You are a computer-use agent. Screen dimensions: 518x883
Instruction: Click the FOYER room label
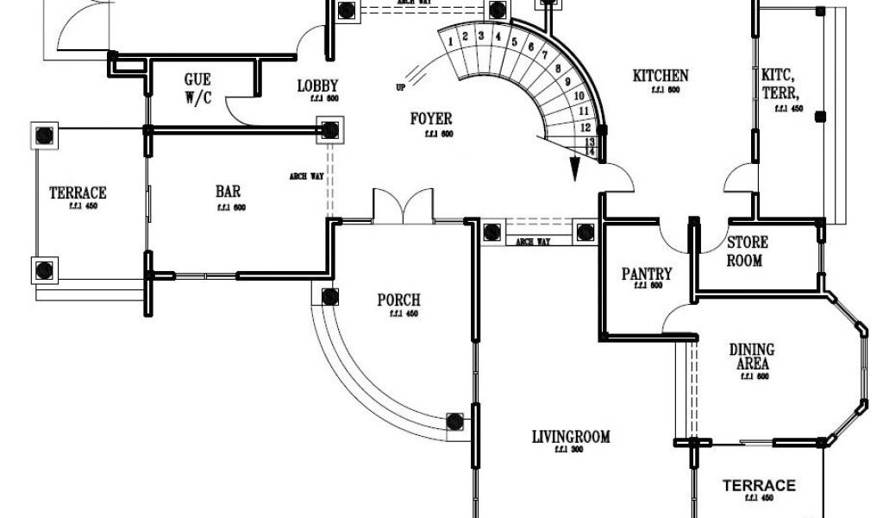(430, 118)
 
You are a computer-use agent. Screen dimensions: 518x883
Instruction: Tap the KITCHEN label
(661, 76)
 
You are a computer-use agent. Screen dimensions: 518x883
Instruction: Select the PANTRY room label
(647, 274)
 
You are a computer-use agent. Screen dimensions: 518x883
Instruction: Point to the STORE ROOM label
(747, 251)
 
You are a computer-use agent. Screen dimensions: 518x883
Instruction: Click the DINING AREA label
(752, 357)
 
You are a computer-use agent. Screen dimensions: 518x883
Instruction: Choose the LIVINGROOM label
(571, 437)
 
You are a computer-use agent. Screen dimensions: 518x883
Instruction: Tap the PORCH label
(398, 300)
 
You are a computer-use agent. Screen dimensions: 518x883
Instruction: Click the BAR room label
(228, 192)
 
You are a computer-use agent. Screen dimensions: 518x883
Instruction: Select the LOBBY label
(317, 85)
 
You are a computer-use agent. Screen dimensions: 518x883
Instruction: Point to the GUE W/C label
(197, 88)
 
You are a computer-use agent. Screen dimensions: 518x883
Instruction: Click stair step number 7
(544, 54)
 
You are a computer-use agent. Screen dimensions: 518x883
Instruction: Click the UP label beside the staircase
(400, 87)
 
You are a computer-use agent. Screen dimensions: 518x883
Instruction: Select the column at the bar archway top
(329, 130)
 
